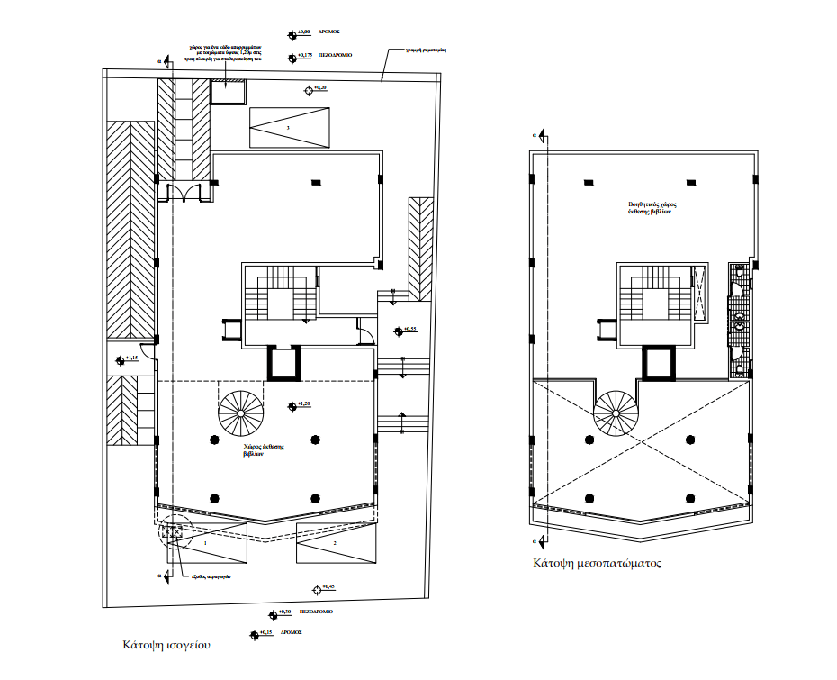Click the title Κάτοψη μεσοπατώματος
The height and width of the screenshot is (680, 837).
(x=597, y=564)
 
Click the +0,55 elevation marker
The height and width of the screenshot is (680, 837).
(x=409, y=330)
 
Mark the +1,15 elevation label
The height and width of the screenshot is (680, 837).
(x=131, y=359)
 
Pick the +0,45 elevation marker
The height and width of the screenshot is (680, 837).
(x=328, y=587)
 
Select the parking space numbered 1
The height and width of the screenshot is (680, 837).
(x=205, y=544)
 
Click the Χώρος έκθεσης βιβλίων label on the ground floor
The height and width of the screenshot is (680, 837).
(x=264, y=450)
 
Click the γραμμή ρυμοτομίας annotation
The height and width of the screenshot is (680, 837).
(x=427, y=50)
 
